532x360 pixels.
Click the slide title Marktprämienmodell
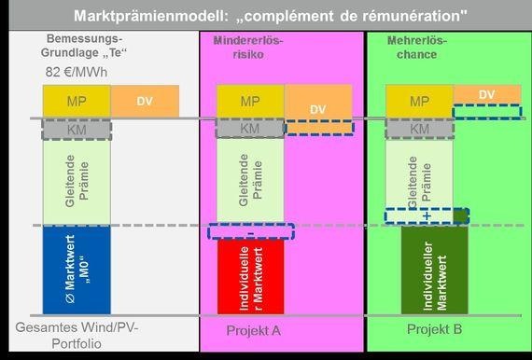point(266,15)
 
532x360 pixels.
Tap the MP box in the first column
point(77,101)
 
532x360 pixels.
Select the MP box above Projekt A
point(249,101)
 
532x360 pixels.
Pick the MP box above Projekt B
point(419,101)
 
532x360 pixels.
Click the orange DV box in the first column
point(145,101)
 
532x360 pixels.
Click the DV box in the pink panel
point(318,109)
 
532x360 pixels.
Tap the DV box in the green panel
point(485,95)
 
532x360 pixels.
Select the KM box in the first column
point(77,130)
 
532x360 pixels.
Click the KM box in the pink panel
point(249,129)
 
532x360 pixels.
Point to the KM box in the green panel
point(419,129)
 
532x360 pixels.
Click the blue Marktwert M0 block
point(77,269)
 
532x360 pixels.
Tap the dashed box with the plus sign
point(426,215)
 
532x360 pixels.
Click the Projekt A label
point(254,330)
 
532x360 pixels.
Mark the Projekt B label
point(434,330)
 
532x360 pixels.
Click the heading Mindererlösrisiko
point(248,48)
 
